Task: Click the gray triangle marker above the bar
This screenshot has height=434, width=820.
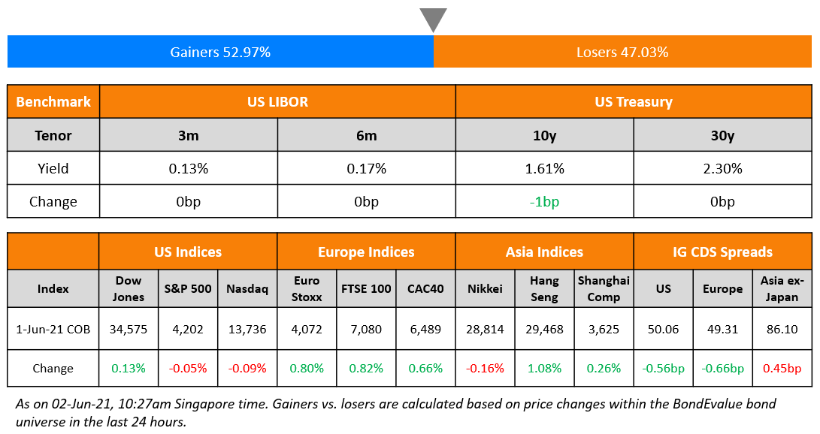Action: pyautogui.click(x=433, y=19)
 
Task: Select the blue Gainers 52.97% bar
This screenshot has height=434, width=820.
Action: pyautogui.click(x=220, y=53)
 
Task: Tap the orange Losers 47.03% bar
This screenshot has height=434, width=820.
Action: pyautogui.click(x=622, y=53)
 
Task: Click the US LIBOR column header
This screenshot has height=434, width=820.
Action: pyautogui.click(x=277, y=101)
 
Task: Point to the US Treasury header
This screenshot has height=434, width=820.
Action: pyautogui.click(x=633, y=101)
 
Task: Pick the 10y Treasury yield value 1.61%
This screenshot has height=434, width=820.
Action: pyautogui.click(x=544, y=168)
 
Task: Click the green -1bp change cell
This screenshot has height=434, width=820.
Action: pyautogui.click(x=544, y=201)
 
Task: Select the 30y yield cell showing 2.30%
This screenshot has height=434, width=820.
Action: pyautogui.click(x=722, y=168)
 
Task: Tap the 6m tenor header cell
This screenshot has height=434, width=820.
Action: pyautogui.click(x=366, y=136)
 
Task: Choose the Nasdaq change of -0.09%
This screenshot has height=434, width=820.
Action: pyautogui.click(x=247, y=368)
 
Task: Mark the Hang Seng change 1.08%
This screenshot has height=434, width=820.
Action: pyautogui.click(x=544, y=368)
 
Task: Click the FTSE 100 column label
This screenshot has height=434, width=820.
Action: pyautogui.click(x=366, y=288)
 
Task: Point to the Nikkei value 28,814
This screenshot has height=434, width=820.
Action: pyautogui.click(x=485, y=329)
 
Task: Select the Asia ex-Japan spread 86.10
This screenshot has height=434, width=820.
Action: pyautogui.click(x=782, y=329)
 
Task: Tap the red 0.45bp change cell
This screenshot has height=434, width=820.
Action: pyautogui.click(x=782, y=368)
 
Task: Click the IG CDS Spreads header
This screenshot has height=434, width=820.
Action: pyautogui.click(x=722, y=252)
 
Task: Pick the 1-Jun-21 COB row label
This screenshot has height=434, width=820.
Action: pyautogui.click(x=53, y=329)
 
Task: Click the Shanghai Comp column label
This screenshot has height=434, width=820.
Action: pyautogui.click(x=604, y=288)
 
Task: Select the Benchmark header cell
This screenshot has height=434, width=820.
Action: pyautogui.click(x=53, y=101)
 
